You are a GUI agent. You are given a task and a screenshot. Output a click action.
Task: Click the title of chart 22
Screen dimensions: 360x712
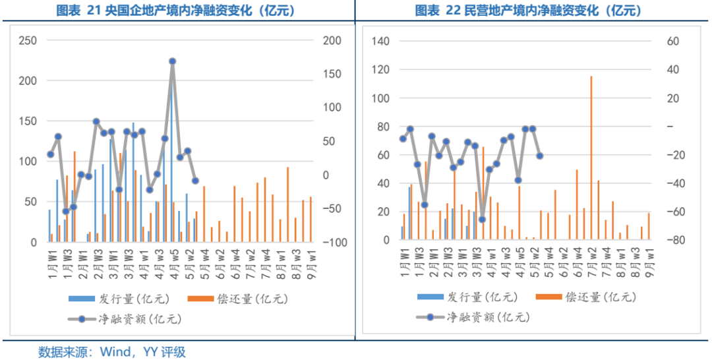click(528, 11)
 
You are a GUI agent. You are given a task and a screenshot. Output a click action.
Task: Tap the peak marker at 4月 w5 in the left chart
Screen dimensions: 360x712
click(172, 61)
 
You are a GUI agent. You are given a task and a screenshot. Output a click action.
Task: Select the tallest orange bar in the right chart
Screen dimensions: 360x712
click(591, 158)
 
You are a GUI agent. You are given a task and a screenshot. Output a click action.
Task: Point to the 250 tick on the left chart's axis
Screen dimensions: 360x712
click(28, 41)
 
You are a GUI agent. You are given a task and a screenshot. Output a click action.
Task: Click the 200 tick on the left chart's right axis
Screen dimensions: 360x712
click(332, 41)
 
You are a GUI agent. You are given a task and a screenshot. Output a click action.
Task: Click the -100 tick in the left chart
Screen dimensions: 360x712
click(334, 243)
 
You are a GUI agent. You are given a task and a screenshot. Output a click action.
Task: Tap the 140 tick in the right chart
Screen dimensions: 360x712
click(381, 42)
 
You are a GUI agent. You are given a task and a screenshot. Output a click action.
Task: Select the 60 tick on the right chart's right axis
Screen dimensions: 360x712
click(673, 42)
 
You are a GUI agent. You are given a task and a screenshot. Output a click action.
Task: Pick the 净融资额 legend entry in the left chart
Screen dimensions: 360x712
click(125, 320)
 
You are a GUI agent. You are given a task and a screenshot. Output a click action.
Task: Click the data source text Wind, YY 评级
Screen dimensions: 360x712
click(112, 351)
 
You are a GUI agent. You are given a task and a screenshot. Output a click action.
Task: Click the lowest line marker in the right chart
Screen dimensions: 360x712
click(482, 220)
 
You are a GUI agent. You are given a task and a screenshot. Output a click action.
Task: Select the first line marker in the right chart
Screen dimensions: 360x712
click(403, 138)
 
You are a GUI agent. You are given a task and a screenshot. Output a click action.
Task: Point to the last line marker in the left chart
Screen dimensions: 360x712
click(195, 181)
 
